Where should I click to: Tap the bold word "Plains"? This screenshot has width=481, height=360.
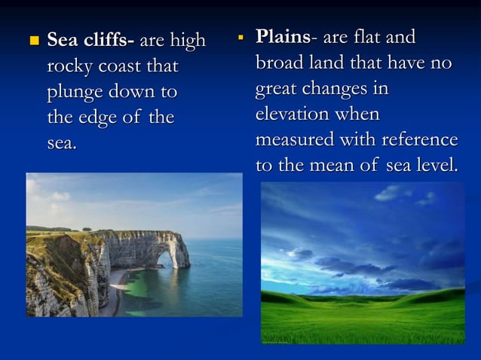tap(281, 36)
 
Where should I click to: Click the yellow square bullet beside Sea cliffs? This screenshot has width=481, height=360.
tap(32, 41)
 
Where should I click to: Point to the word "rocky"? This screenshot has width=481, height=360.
tap(72, 67)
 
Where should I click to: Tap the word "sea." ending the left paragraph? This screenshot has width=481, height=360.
tap(61, 143)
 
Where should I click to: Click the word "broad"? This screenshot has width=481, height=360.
tap(280, 63)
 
